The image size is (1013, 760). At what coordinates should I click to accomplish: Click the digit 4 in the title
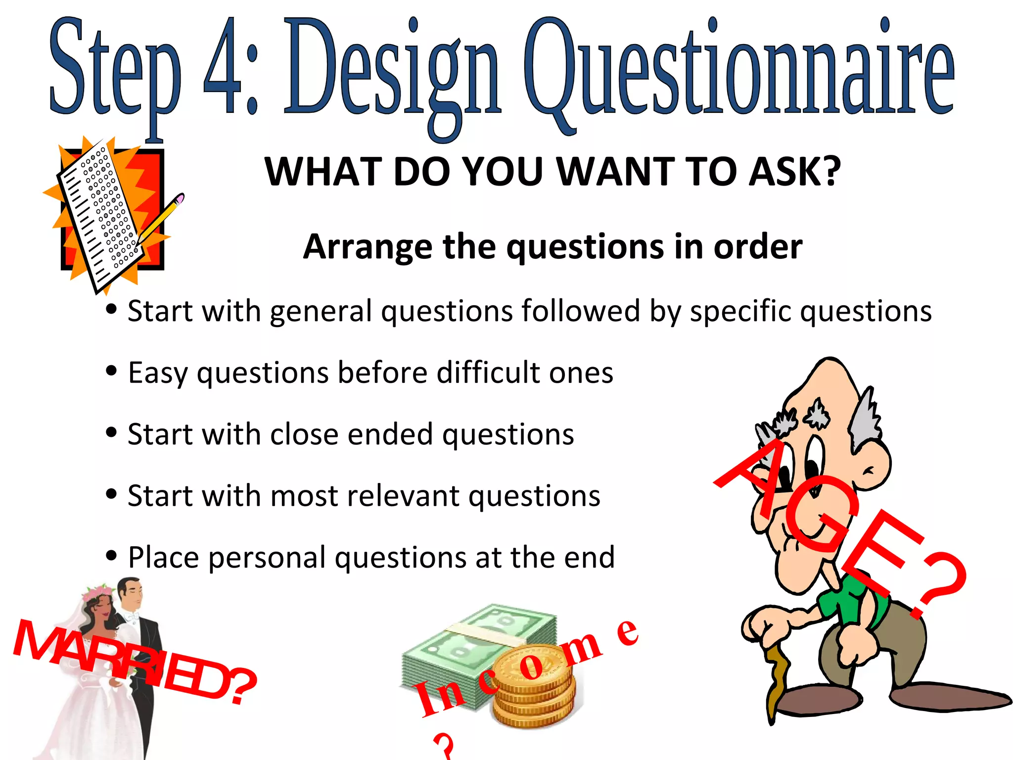pyautogui.click(x=223, y=67)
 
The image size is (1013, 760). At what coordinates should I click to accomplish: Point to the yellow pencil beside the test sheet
pyautogui.click(x=161, y=218)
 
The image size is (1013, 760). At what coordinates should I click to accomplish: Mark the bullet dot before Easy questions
pyautogui.click(x=111, y=371)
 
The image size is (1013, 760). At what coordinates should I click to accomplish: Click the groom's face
pyautogui.click(x=131, y=594)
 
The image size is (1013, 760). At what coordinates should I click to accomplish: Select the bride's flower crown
pyautogui.click(x=96, y=592)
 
